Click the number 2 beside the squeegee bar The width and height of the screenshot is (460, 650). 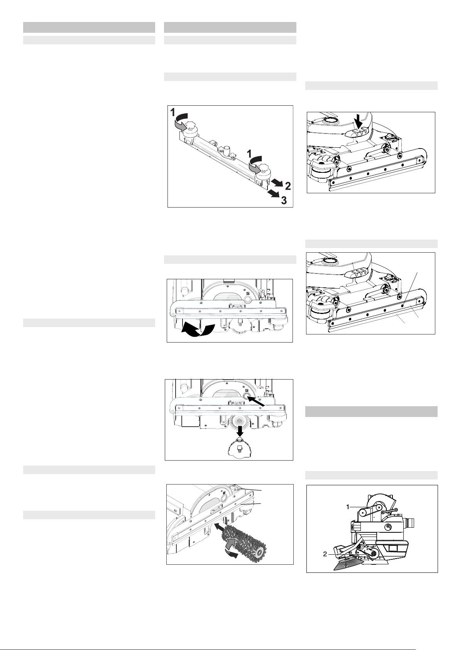(x=287, y=186)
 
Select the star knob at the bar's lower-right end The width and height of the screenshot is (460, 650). (x=264, y=168)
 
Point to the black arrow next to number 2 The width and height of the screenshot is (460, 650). (x=277, y=182)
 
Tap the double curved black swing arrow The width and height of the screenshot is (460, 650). (x=198, y=330)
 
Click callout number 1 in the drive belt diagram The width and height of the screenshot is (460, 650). (x=348, y=507)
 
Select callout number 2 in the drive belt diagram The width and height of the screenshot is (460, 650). (x=325, y=554)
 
